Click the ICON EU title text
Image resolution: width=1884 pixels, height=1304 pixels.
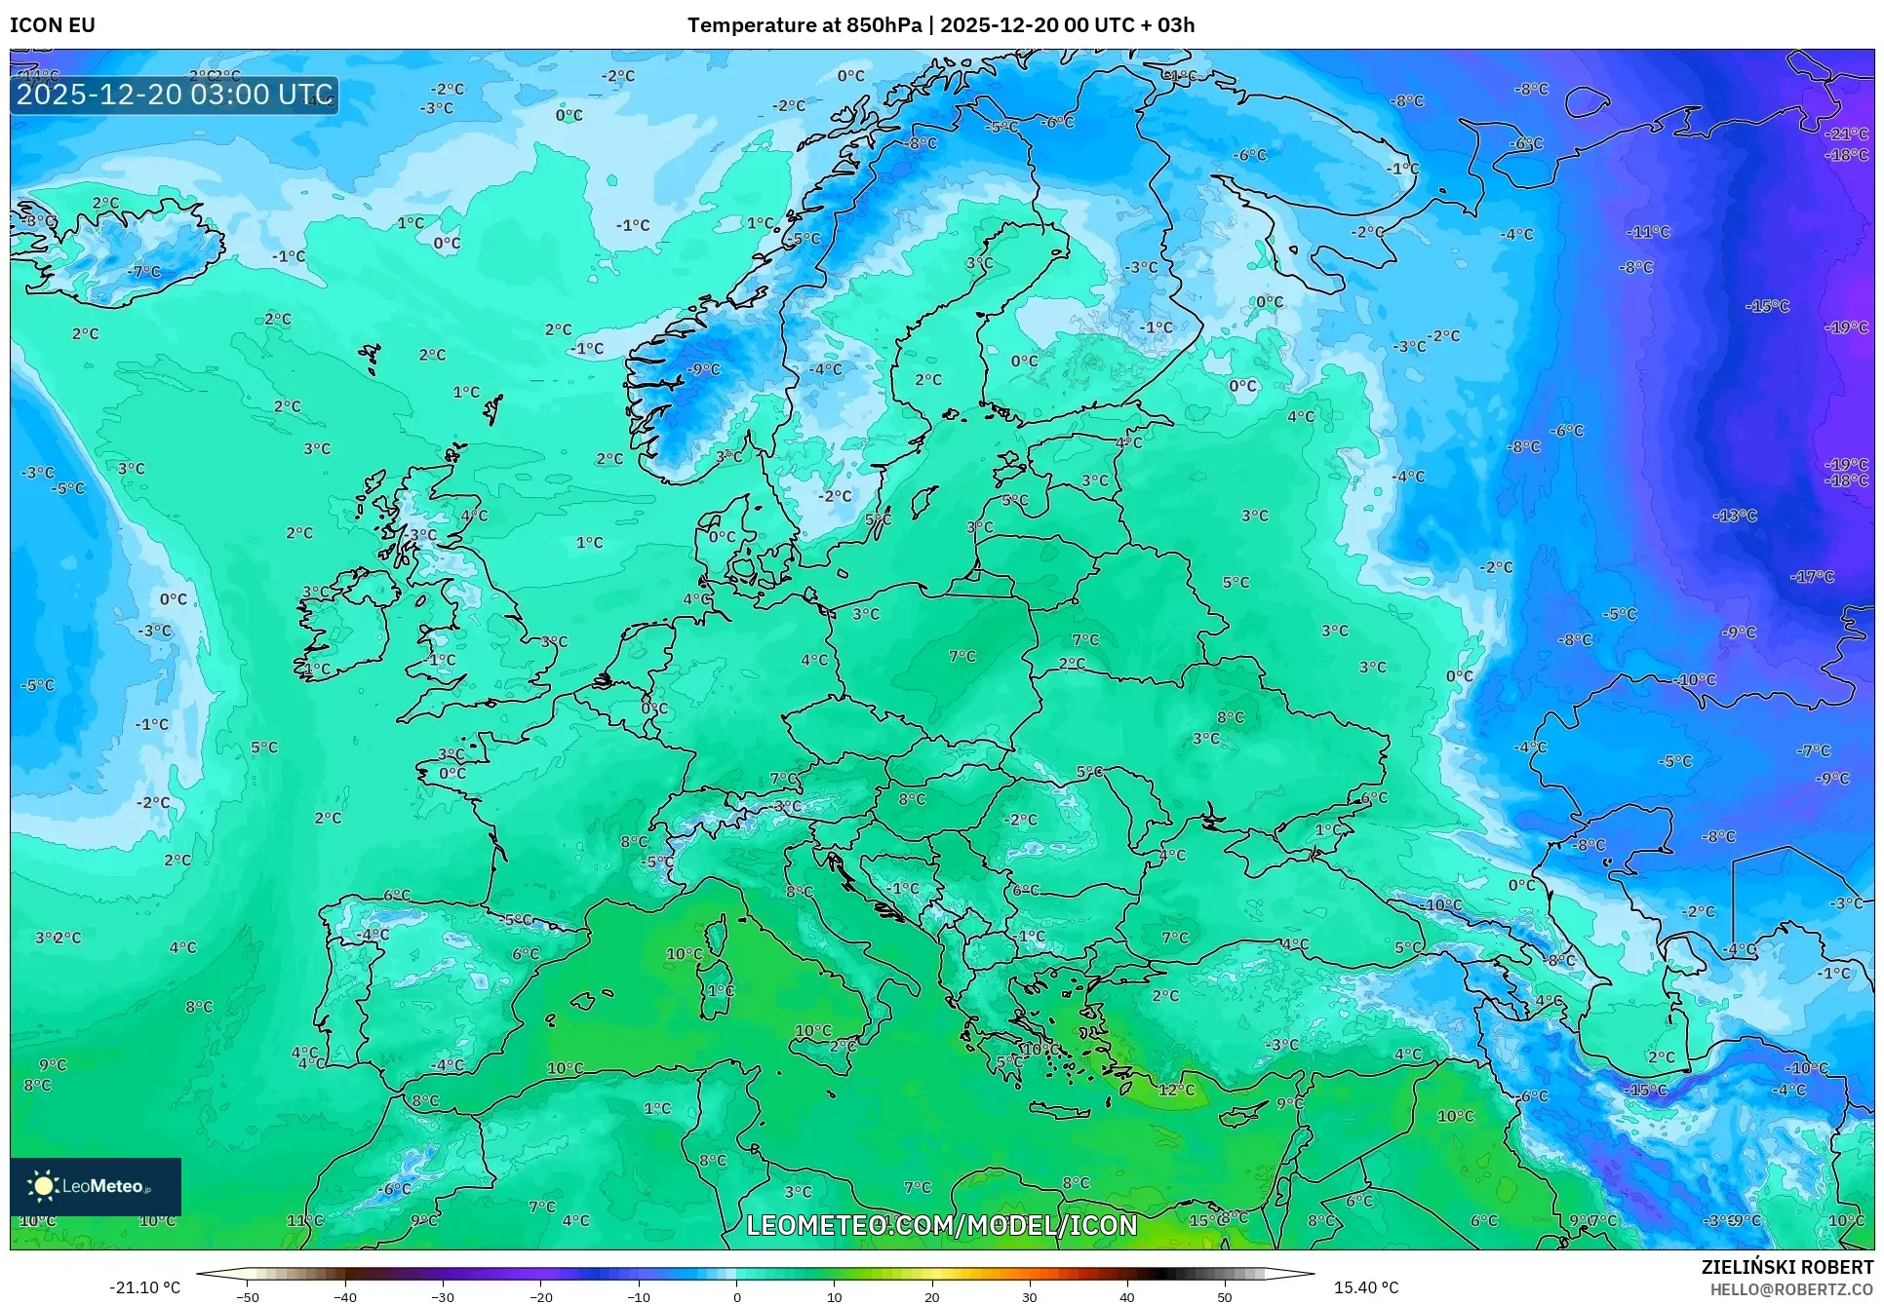click(53, 25)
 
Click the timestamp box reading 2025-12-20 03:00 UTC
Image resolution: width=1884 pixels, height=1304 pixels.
click(175, 95)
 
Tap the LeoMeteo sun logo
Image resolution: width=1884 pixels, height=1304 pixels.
click(43, 1186)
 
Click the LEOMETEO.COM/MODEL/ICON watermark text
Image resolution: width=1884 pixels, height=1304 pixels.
click(941, 1225)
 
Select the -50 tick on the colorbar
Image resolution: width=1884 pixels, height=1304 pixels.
click(248, 1296)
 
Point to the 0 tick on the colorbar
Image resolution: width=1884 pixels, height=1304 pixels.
click(736, 1296)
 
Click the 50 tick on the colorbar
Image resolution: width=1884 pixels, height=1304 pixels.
click(1224, 1296)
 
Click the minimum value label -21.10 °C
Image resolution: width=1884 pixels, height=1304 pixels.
click(145, 1287)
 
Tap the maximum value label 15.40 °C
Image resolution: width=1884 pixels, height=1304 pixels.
click(1365, 1287)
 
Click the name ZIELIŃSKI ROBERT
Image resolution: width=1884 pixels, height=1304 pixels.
click(1786, 1267)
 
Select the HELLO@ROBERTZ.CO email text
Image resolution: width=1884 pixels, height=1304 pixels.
click(1790, 1289)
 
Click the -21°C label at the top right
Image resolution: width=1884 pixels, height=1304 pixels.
click(1846, 134)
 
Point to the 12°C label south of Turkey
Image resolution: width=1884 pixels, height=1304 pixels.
click(1176, 1090)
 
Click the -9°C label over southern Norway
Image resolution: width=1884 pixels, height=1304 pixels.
click(703, 369)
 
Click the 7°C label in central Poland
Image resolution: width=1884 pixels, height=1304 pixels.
click(962, 657)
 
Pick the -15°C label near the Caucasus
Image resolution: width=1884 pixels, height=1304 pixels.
click(1648, 1090)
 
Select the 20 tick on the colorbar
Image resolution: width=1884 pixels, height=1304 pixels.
click(931, 1296)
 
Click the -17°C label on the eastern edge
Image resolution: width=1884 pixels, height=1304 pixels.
click(1813, 577)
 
